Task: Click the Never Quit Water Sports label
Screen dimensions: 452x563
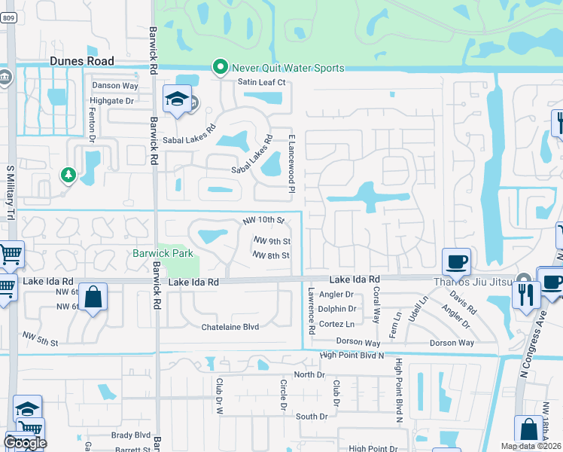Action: [288, 68]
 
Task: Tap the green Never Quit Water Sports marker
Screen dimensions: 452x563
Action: [221, 68]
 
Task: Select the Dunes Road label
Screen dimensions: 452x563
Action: [82, 61]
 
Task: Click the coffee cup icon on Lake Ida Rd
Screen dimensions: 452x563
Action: [458, 262]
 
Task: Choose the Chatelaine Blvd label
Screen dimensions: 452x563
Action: [230, 327]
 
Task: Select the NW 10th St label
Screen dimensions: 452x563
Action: [263, 221]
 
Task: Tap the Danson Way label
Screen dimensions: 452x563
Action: [114, 86]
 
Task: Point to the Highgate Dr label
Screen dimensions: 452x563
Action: [111, 100]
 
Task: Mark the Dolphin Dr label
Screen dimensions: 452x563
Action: [336, 309]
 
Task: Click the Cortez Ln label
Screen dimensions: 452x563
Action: [336, 324]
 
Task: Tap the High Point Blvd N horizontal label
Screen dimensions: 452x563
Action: [351, 355]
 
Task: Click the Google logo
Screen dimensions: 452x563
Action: [25, 443]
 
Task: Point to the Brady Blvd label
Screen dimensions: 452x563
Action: [132, 435]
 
